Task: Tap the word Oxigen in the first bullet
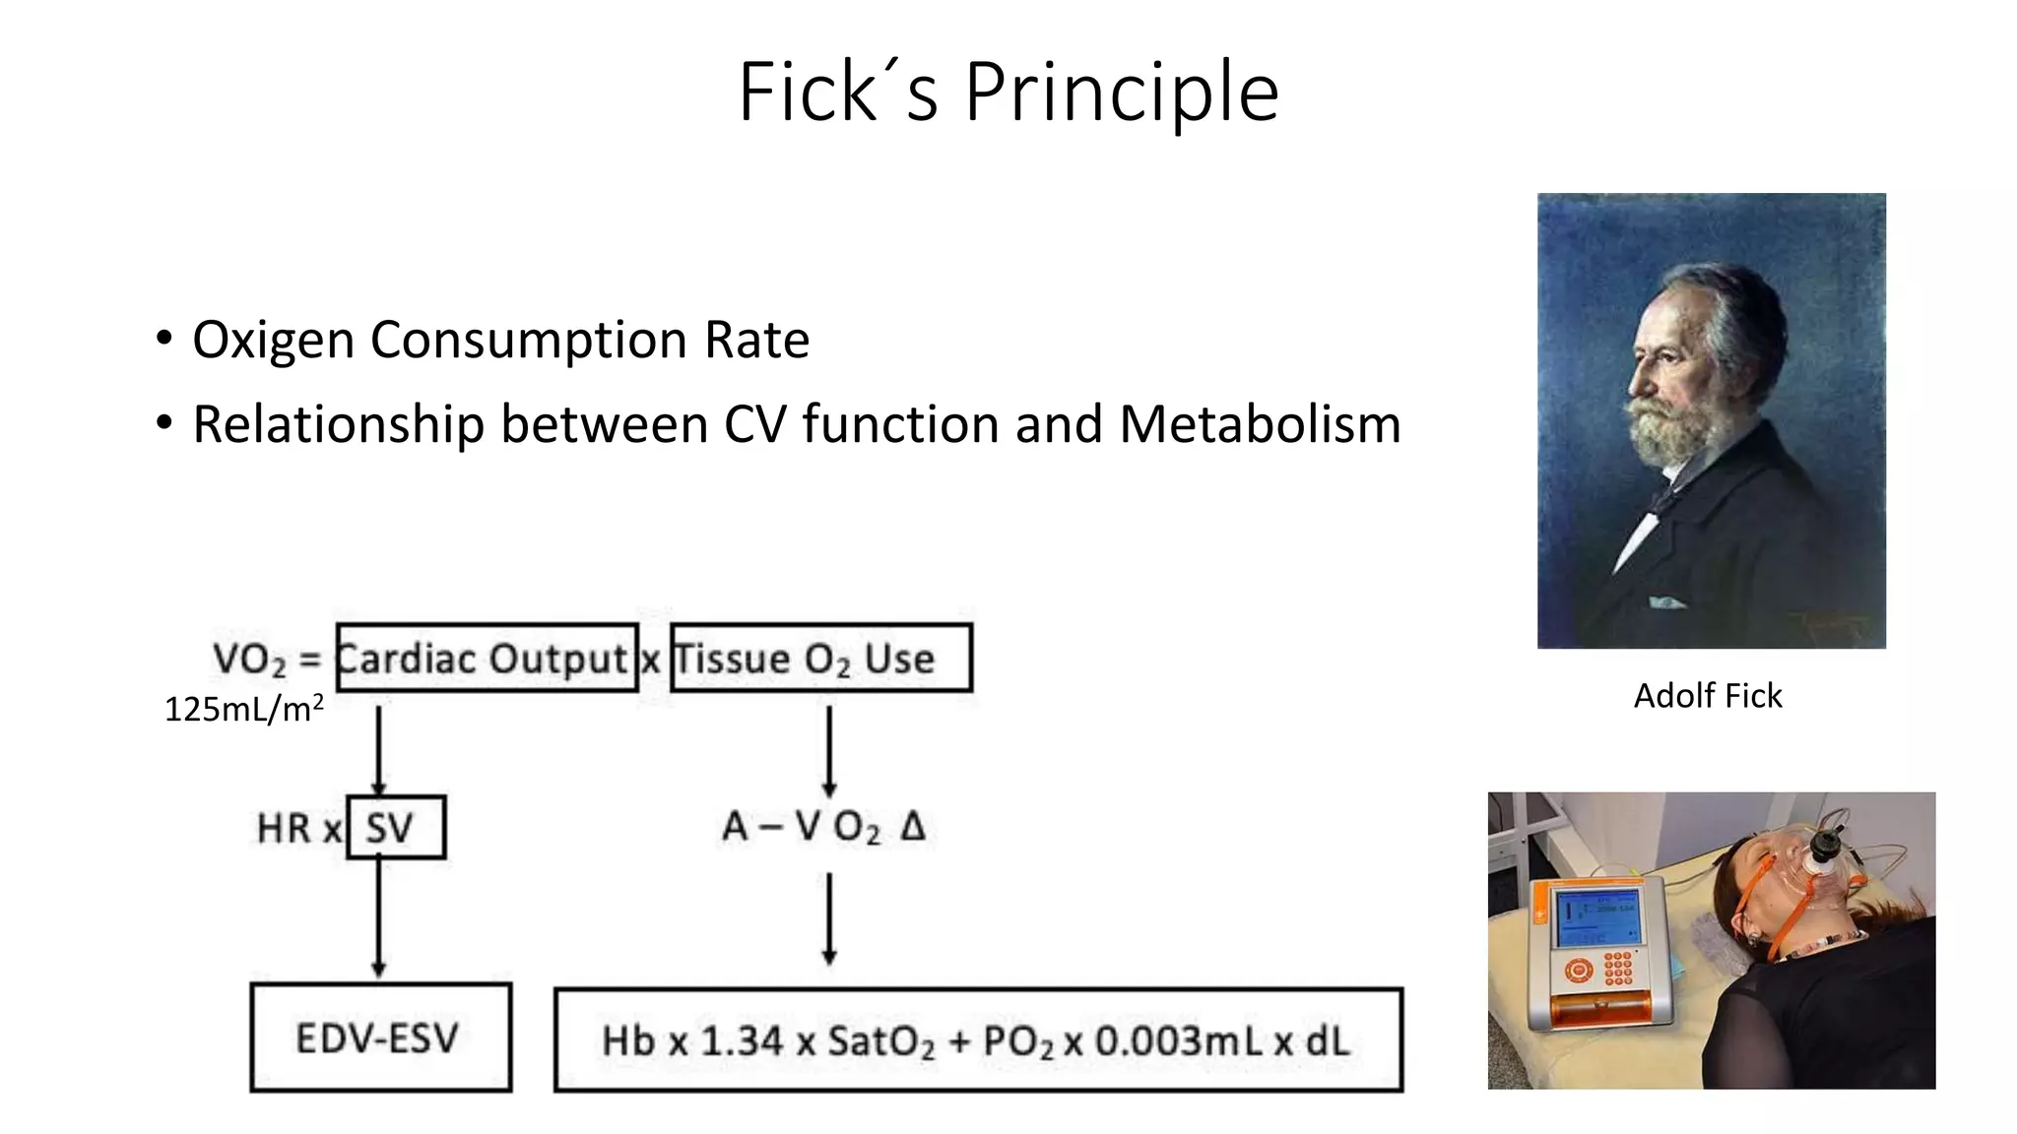[273, 341]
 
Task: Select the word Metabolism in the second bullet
[1260, 425]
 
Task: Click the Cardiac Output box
[487, 658]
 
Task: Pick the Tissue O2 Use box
[820, 658]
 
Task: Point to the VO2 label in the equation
[249, 659]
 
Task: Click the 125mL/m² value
[243, 709]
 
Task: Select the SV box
[395, 828]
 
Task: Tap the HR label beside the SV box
[284, 829]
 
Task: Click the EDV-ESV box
[380, 1038]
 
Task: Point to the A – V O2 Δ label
[823, 827]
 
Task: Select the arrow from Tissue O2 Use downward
[829, 750]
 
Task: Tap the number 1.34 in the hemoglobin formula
[742, 1041]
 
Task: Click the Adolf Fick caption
[1708, 696]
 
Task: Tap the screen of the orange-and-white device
[1596, 916]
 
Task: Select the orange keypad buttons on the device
[1617, 968]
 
